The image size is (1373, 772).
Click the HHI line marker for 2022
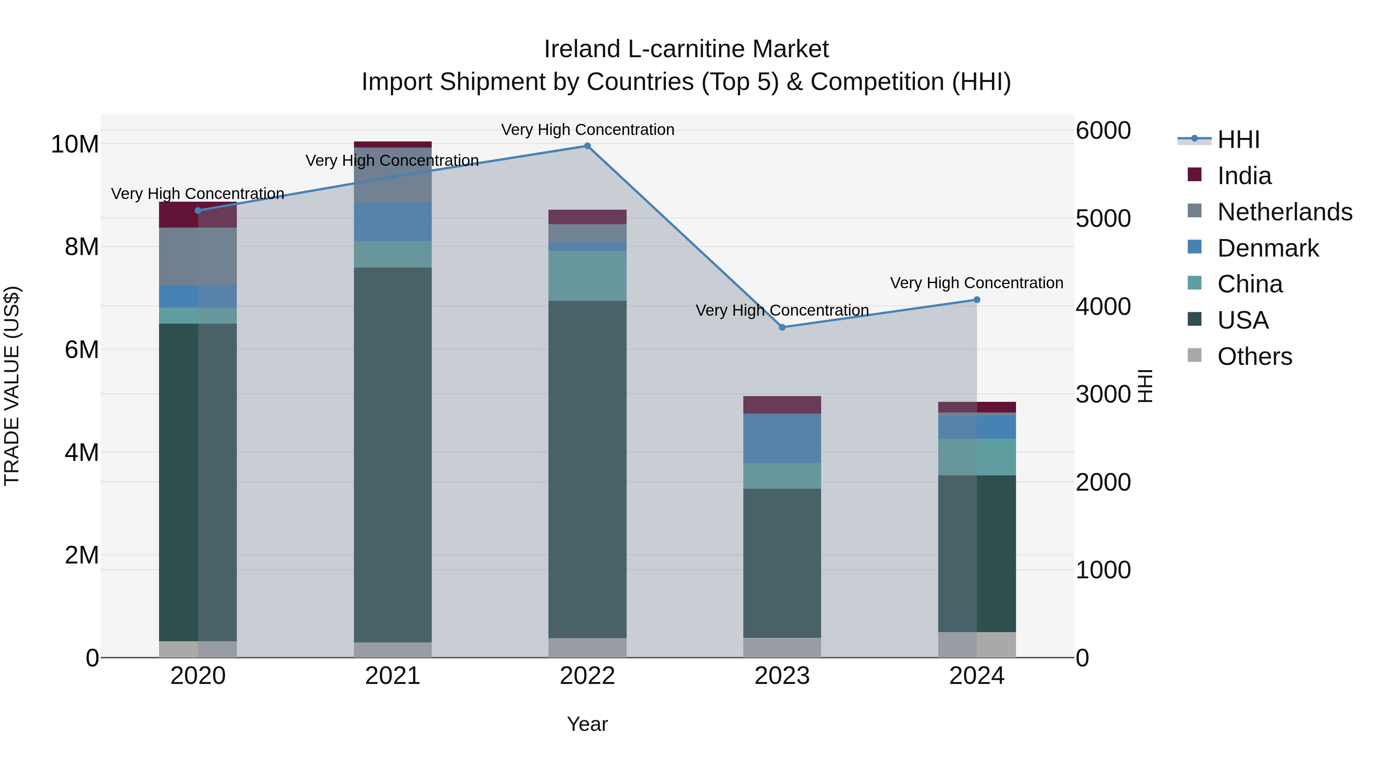[587, 146]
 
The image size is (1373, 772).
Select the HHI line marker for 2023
[782, 327]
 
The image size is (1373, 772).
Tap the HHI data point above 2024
[976, 300]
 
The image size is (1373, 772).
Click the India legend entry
[1244, 176]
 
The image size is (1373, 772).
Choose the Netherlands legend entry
[1285, 212]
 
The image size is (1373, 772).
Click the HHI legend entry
[1238, 140]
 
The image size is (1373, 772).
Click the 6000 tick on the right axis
[1103, 130]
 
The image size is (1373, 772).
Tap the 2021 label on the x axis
[392, 676]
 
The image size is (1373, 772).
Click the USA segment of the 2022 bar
[587, 469]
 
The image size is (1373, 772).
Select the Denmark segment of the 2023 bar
[782, 438]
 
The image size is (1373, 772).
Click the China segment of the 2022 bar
[587, 276]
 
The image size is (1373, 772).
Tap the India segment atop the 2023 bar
[782, 405]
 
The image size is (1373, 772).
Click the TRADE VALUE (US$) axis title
[12, 386]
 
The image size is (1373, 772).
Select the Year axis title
[587, 724]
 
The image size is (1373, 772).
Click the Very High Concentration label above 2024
[976, 283]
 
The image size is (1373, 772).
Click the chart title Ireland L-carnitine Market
[686, 49]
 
